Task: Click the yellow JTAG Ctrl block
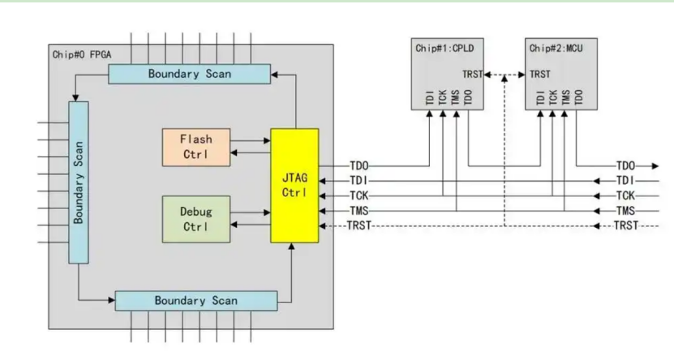coord(294,185)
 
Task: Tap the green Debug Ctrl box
coord(195,219)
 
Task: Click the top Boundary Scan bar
coord(190,74)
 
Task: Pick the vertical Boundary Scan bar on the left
coord(79,182)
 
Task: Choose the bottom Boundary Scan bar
coord(197,300)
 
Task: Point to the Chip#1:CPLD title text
coord(444,49)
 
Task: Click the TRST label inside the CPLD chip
coord(473,75)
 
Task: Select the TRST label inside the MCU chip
coord(540,75)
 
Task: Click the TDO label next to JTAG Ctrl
coord(360,165)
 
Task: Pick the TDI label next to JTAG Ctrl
coord(360,180)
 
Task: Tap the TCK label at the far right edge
coord(625,195)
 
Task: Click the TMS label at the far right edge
coord(625,210)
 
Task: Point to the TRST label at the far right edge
coord(625,225)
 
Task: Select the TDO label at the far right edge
coord(625,165)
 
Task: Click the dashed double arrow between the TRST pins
coord(504,75)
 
